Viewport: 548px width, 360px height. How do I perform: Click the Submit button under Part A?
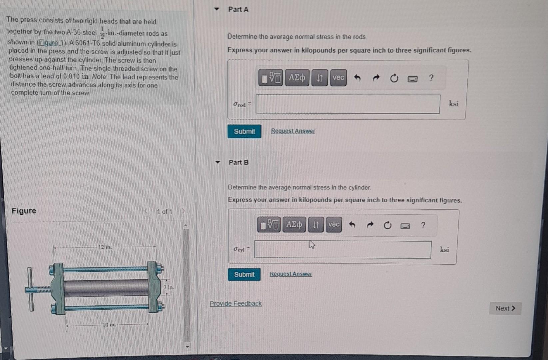[244, 131]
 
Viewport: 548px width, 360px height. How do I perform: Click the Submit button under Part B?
[244, 274]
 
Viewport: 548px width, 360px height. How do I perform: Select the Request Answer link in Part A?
[293, 131]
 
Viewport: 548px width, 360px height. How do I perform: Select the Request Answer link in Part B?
[291, 274]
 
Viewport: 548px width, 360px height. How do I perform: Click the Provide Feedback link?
[236, 303]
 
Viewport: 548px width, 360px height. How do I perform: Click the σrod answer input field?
[348, 104]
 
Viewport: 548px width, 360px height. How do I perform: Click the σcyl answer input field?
[342, 250]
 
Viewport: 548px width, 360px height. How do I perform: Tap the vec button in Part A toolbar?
[338, 78]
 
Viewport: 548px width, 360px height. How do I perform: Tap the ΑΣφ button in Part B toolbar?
[294, 224]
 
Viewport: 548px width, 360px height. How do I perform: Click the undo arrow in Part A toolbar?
[357, 78]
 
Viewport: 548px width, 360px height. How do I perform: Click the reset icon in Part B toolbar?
[387, 225]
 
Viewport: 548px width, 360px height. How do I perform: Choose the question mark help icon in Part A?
[431, 78]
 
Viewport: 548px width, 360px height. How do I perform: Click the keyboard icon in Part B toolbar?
[405, 226]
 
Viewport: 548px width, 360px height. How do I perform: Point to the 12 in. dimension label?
[105, 247]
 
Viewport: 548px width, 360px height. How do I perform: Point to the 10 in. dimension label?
[109, 325]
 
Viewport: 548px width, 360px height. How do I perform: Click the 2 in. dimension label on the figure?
[169, 287]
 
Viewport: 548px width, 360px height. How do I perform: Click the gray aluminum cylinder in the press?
[106, 289]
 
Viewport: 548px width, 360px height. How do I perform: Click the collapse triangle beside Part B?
[217, 162]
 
